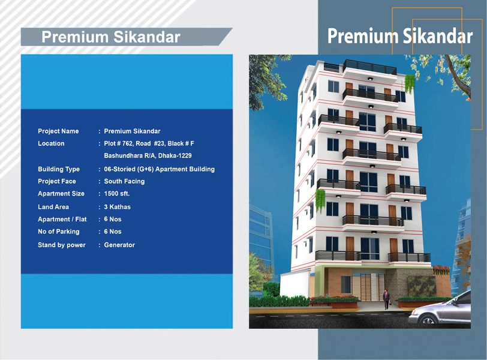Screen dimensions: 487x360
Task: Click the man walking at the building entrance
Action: click(x=386, y=299)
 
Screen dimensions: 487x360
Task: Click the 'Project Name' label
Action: click(x=58, y=131)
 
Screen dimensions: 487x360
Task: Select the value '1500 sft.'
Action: click(x=117, y=194)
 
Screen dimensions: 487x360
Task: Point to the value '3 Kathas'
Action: click(x=118, y=207)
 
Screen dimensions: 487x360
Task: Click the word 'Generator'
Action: click(x=119, y=245)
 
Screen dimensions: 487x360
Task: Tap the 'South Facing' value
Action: click(x=124, y=181)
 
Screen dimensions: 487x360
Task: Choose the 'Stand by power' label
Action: click(x=62, y=245)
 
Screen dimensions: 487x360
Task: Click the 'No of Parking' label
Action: click(x=59, y=232)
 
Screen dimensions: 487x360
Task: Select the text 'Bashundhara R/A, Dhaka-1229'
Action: click(x=148, y=155)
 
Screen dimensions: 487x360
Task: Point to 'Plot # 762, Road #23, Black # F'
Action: click(x=149, y=143)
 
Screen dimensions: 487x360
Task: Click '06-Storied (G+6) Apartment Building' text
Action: click(x=160, y=169)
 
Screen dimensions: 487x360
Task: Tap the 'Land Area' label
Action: click(x=53, y=207)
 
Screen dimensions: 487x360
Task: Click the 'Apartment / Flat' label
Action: click(x=62, y=219)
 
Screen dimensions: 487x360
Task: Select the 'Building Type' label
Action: click(x=59, y=169)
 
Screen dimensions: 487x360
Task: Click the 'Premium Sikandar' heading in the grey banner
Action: click(x=111, y=37)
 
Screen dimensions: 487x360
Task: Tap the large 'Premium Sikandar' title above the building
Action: click(x=400, y=36)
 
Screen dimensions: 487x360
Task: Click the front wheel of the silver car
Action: click(x=428, y=320)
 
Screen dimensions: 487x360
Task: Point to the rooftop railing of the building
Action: click(x=369, y=67)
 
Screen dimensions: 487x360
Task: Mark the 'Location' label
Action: click(x=51, y=143)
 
